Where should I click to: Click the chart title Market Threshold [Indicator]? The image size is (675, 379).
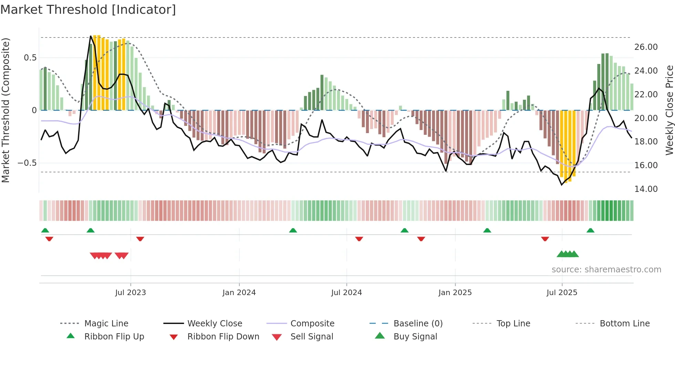click(88, 10)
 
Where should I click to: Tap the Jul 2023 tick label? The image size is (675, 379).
click(131, 293)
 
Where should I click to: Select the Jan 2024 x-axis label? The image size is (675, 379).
click(239, 293)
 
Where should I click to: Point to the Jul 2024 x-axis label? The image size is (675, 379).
click(346, 293)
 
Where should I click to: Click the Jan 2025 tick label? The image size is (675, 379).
click(455, 293)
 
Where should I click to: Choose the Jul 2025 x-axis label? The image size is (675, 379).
click(562, 293)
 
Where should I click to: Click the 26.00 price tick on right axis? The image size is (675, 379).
click(646, 47)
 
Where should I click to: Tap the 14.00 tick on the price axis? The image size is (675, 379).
click(646, 189)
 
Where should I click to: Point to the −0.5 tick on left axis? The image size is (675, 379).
click(27, 163)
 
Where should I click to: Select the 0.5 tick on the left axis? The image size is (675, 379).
click(30, 58)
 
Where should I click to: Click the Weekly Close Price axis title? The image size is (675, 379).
click(669, 110)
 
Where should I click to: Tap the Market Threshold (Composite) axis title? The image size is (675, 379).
click(6, 110)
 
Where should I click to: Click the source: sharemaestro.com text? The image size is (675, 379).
click(606, 270)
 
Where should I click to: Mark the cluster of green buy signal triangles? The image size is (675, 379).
click(568, 254)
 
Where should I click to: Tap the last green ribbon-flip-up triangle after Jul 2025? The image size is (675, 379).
click(590, 230)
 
